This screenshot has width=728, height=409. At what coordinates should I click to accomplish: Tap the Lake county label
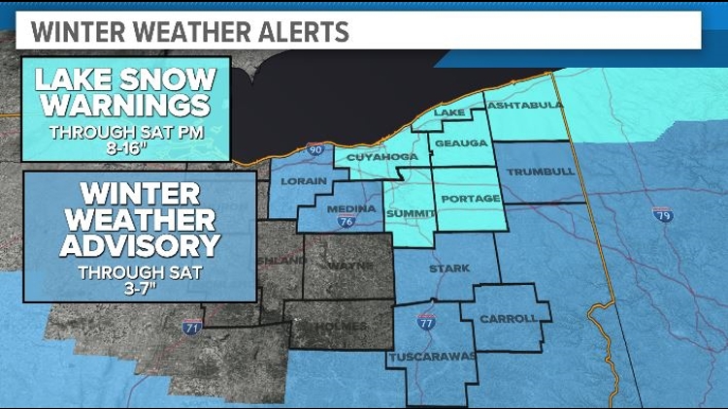point(449,113)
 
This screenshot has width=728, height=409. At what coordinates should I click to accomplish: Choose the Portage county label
point(470,199)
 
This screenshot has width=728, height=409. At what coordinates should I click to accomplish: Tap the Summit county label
point(409,212)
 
